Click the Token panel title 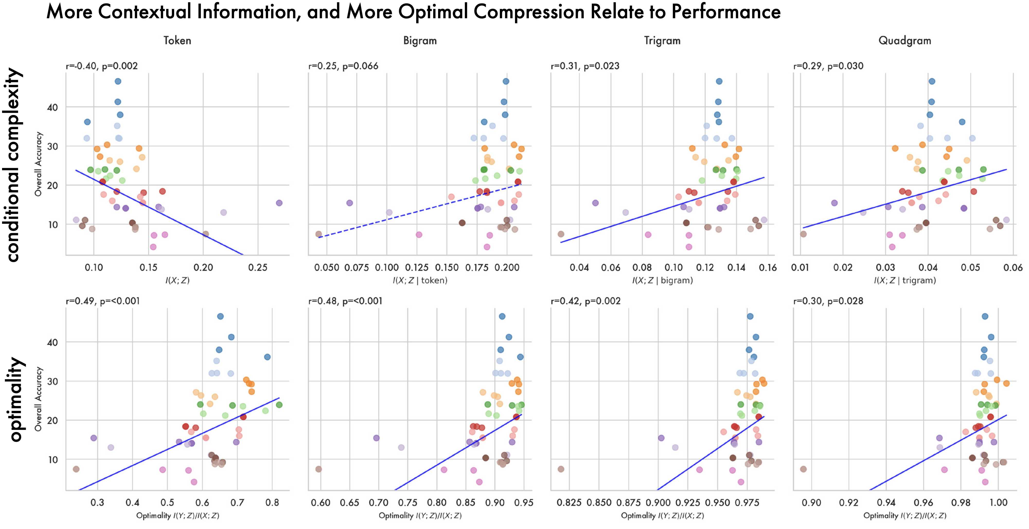[x=177, y=40]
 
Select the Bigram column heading [x=420, y=40]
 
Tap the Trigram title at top [x=662, y=40]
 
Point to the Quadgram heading [x=904, y=40]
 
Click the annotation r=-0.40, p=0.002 [x=102, y=66]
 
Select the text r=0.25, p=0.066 [x=343, y=66]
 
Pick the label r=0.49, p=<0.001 [x=103, y=301]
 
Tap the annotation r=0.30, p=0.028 [x=828, y=301]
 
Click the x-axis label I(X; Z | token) [x=420, y=280]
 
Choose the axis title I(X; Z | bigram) [x=662, y=280]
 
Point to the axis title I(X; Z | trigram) [x=905, y=280]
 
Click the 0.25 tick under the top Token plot [x=258, y=267]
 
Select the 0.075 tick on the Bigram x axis [x=357, y=267]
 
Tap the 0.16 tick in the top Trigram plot [x=768, y=267]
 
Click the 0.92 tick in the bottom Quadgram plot [x=848, y=502]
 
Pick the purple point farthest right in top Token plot [x=279, y=203]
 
